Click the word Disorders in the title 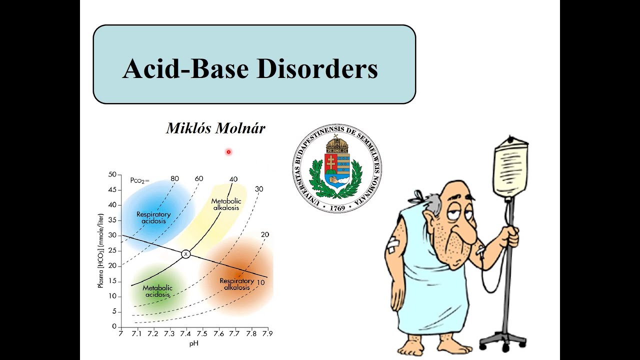click(317, 68)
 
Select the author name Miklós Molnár click(215, 128)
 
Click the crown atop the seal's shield click(336, 145)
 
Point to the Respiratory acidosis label click(153, 217)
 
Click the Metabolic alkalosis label click(226, 204)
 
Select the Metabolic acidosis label click(157, 291)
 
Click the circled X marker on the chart click(185, 254)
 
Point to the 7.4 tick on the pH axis click(185, 333)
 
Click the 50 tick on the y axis click(111, 174)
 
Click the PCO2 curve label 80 click(174, 178)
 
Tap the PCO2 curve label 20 click(264, 234)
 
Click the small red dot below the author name click(228, 151)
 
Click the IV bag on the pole click(510, 170)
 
